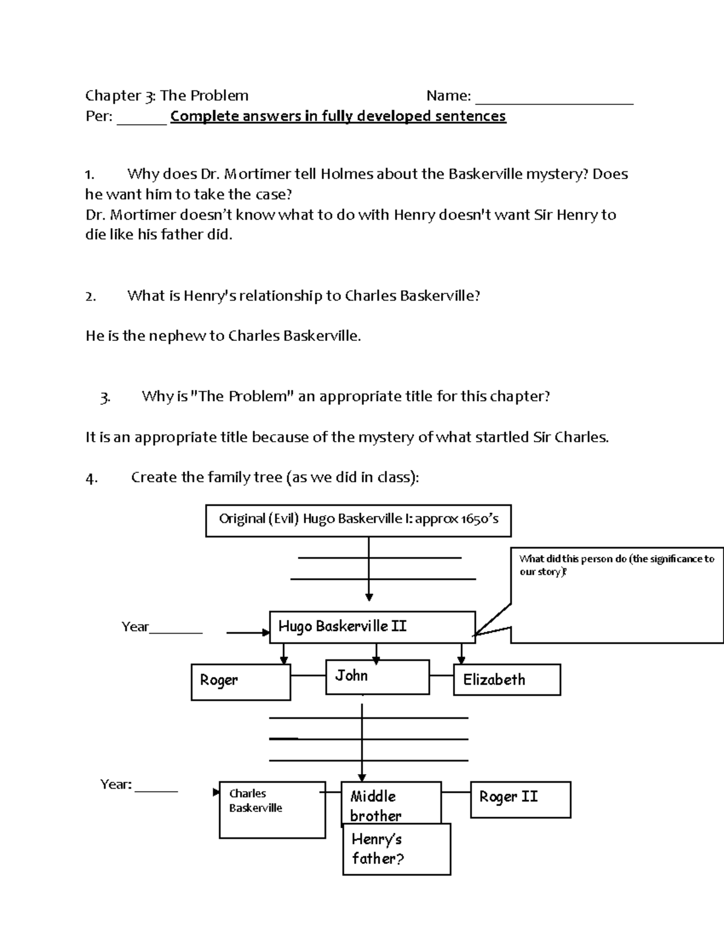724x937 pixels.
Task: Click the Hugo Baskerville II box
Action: [x=372, y=627]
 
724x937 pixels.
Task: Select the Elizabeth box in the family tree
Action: [x=507, y=679]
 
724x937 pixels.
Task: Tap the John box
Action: [x=377, y=676]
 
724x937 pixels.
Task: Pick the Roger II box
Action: [x=520, y=799]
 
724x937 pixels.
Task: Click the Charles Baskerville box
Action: [x=271, y=810]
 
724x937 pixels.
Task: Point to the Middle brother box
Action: [x=390, y=803]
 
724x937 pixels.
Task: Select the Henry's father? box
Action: [x=396, y=850]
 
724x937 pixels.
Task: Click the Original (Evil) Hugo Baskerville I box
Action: [x=358, y=520]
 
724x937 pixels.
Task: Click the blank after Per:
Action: [x=141, y=119]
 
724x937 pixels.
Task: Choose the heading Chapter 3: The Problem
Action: [x=167, y=95]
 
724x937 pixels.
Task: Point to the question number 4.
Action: [x=91, y=478]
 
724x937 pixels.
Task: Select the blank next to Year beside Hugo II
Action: [x=176, y=629]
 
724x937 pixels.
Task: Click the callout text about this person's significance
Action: [x=616, y=565]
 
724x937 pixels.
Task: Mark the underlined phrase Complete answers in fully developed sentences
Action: [x=338, y=116]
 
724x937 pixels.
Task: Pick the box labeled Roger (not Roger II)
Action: [x=240, y=682]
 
